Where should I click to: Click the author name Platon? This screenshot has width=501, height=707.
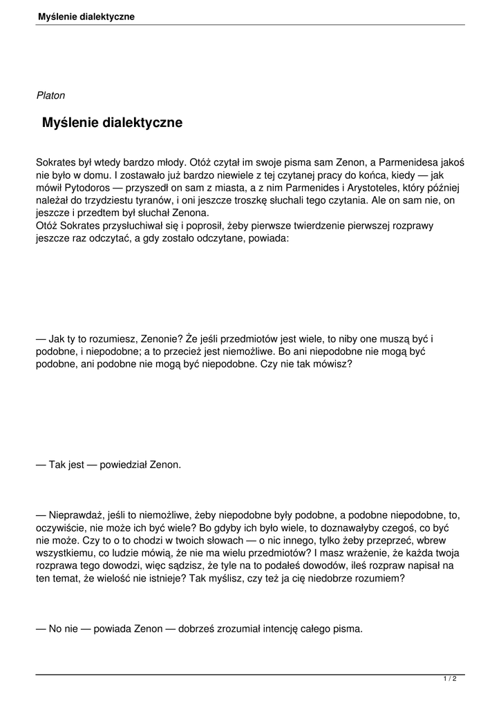point(50,95)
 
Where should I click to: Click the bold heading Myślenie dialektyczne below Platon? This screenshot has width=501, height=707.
point(112,123)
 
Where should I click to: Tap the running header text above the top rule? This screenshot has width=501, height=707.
point(86,16)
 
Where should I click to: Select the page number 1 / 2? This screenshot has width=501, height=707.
point(450,679)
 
